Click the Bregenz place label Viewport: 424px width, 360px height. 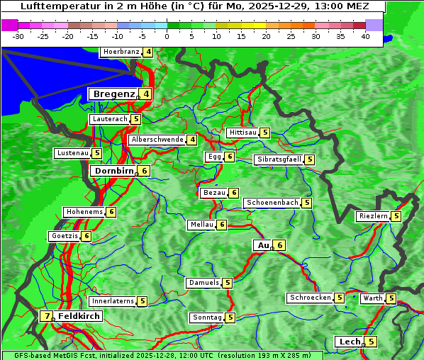pos(113,94)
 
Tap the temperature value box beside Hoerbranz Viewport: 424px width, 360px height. pos(147,52)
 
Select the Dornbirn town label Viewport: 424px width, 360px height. pos(113,171)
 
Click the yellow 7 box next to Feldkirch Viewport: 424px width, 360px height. pos(47,316)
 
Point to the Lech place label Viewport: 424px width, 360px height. pos(350,342)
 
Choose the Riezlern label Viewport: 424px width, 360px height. pos(373,216)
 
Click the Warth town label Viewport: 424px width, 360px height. pos(373,298)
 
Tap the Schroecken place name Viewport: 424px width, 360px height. pos(311,298)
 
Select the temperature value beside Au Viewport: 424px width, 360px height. pos(280,245)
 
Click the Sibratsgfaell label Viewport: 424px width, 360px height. pos(279,159)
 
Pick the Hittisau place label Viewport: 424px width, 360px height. pos(242,133)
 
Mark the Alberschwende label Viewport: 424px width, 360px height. pos(157,140)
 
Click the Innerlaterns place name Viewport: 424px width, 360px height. pos(113,301)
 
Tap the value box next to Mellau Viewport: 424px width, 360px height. pos(222,225)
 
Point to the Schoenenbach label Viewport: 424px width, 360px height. pos(272,203)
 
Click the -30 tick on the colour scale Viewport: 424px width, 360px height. pos(18,35)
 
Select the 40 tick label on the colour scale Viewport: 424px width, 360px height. pos(365,35)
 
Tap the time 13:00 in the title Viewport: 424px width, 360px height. pos(325,6)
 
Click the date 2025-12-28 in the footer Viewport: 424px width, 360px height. pos(160,355)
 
